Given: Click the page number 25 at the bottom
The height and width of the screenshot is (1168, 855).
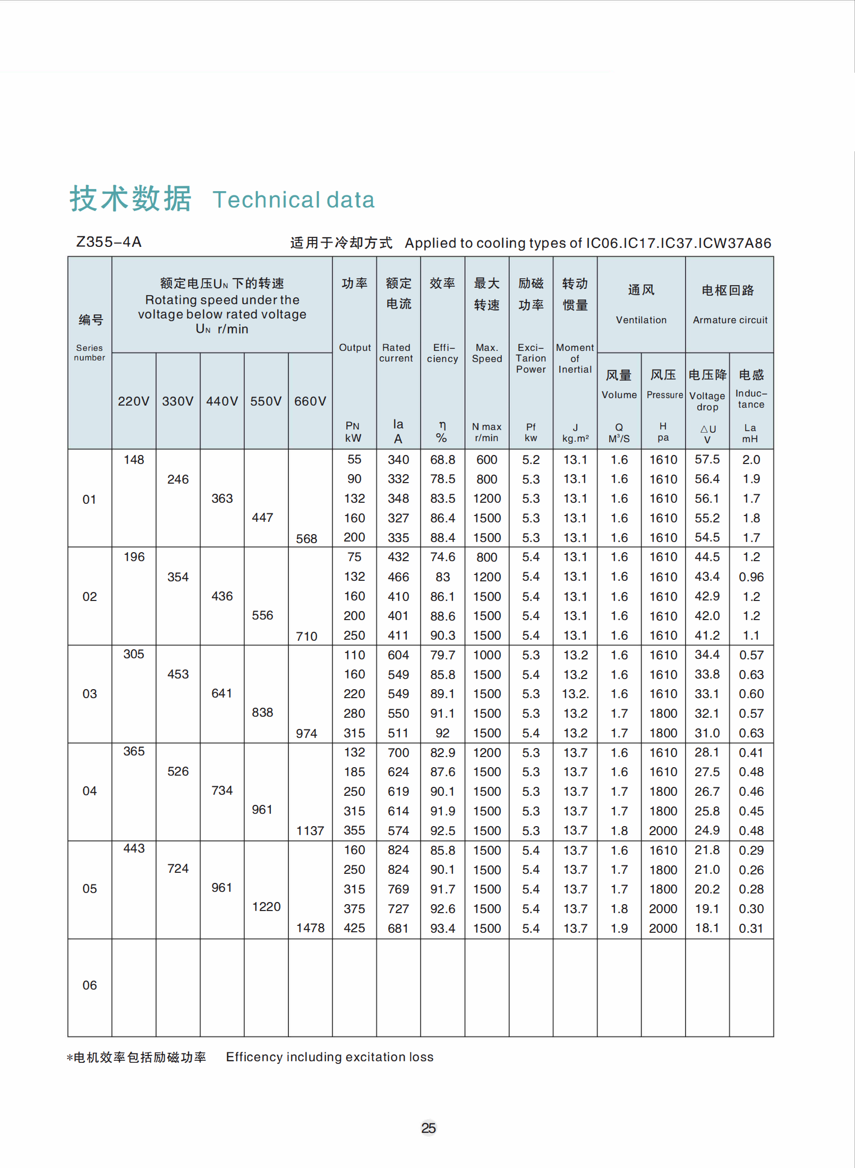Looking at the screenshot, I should tap(428, 1128).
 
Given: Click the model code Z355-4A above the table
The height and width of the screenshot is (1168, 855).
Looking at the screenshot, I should tap(109, 242).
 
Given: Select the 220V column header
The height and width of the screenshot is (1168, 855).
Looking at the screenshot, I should tap(133, 401).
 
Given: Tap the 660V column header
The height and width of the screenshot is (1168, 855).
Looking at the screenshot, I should tap(310, 401).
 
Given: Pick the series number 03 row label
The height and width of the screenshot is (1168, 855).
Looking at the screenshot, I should tap(90, 694).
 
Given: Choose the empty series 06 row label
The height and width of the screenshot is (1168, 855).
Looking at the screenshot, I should tap(90, 985).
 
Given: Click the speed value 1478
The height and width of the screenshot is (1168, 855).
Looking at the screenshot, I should tap(310, 927).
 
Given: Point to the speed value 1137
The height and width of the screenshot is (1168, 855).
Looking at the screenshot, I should tap(310, 830).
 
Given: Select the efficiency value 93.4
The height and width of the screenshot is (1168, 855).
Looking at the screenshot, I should tap(442, 928).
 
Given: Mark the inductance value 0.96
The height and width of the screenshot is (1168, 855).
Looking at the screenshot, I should tap(751, 577).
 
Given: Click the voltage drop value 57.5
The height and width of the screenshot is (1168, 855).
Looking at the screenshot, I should tap(707, 459).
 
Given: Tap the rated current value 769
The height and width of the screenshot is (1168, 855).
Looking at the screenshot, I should tap(398, 889).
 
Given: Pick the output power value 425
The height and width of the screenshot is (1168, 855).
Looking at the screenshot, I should tap(354, 928).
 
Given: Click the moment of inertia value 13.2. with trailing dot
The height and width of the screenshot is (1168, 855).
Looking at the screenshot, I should tap(576, 694).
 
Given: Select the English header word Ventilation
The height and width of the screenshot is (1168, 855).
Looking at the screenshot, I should tap(641, 320).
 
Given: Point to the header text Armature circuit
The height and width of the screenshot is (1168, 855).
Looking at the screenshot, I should tap(730, 320).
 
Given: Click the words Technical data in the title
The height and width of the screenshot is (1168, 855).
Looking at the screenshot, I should tap(294, 200).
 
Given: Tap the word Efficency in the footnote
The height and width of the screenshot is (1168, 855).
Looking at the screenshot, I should tap(253, 1057).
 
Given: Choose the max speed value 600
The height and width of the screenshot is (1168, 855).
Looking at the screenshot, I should tap(486, 460).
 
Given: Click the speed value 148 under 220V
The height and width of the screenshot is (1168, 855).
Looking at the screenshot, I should tap(134, 460).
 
